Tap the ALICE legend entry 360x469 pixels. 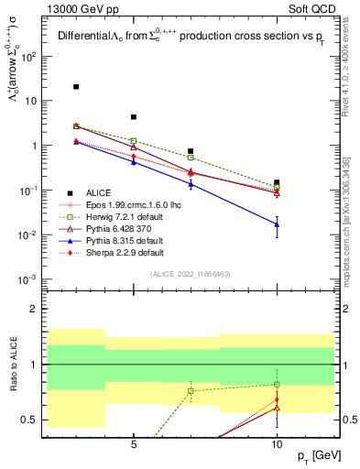pos(99,191)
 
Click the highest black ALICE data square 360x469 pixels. pos(76,87)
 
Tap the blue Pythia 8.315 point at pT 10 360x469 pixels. pos(277,224)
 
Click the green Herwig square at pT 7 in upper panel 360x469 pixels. pos(191,158)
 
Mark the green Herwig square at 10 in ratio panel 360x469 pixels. pos(277,384)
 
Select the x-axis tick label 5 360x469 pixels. pos(134,442)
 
